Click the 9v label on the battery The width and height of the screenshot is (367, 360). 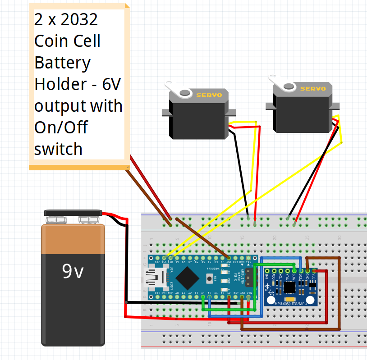pos(73,271)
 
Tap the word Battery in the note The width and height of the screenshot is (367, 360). pos(62,63)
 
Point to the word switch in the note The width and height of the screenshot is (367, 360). pos(58,149)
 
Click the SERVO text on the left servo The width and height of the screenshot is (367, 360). pos(209,96)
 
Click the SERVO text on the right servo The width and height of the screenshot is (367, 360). pos(313,89)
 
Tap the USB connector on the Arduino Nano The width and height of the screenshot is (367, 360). pos(152,279)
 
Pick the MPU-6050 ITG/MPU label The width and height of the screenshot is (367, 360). pos(293,303)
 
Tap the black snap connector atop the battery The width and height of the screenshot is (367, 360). pos(73,212)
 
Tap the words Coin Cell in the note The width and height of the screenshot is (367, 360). pos(67,41)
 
